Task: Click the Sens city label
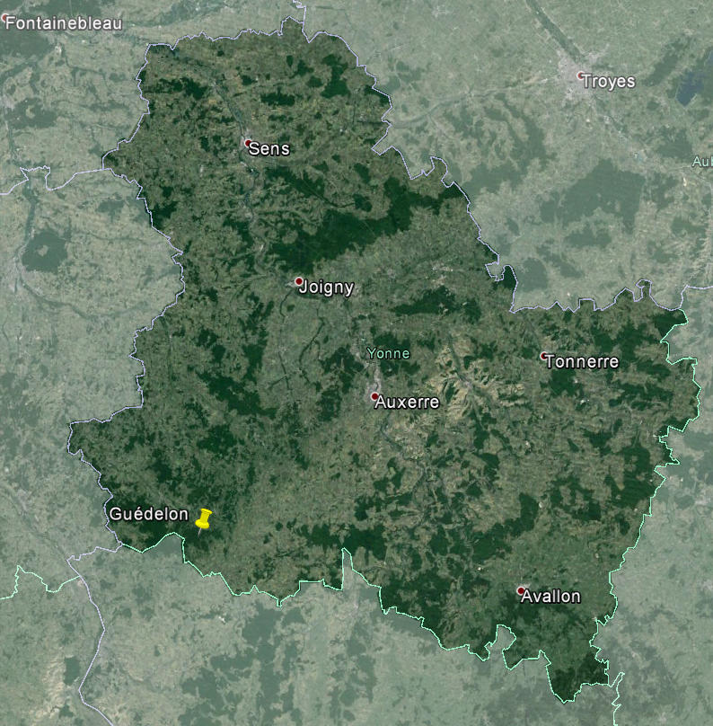click(269, 148)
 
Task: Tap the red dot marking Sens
click(249, 143)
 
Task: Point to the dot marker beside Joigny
click(299, 281)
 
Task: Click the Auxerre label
click(408, 403)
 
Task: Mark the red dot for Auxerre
click(374, 396)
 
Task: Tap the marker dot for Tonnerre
click(544, 356)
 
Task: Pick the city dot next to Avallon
click(521, 590)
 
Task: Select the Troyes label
click(608, 81)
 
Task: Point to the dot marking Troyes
click(581, 75)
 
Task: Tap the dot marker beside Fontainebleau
click(5, 17)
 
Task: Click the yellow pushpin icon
click(204, 520)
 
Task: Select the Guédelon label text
click(149, 514)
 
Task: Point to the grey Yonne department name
click(388, 353)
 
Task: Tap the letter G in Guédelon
click(116, 514)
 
